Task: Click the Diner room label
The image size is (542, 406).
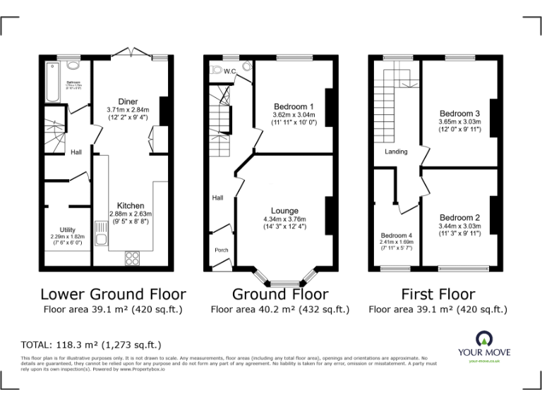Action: pyautogui.click(x=128, y=101)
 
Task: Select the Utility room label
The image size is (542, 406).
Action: pyautogui.click(x=68, y=230)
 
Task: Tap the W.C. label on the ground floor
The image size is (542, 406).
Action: pyautogui.click(x=229, y=70)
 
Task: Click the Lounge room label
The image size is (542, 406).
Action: pyautogui.click(x=284, y=211)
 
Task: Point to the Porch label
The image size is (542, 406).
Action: pyautogui.click(x=222, y=250)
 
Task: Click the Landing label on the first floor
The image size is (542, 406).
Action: pyautogui.click(x=396, y=152)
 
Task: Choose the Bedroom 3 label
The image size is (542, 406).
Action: pyautogui.click(x=459, y=113)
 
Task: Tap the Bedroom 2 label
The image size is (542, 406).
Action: pyautogui.click(x=459, y=218)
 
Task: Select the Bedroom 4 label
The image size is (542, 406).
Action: pyautogui.click(x=395, y=235)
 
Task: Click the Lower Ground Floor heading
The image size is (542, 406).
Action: pyautogui.click(x=113, y=294)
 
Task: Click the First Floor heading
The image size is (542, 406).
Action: pyautogui.click(x=438, y=294)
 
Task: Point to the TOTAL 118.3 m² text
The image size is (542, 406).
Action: pyautogui.click(x=92, y=345)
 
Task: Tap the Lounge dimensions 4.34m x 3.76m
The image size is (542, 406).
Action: pyautogui.click(x=284, y=219)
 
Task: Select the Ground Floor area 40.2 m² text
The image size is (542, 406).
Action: pyautogui.click(x=279, y=309)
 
